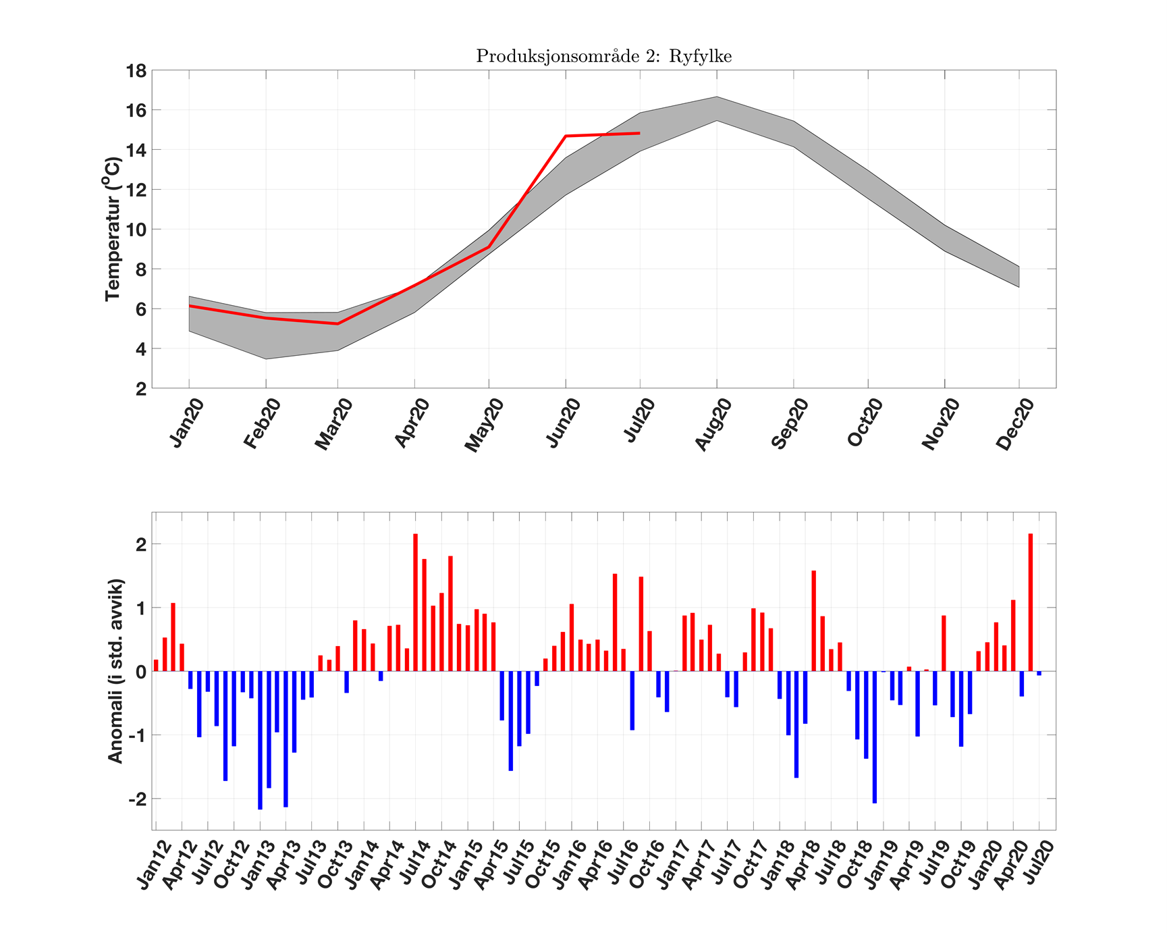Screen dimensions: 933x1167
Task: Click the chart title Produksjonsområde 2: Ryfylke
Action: (603, 56)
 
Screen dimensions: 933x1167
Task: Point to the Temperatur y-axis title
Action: (113, 229)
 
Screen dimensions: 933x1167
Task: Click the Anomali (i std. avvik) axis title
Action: (115, 670)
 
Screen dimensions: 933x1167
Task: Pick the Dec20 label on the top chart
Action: (1014, 424)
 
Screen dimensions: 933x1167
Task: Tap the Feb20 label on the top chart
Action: (262, 424)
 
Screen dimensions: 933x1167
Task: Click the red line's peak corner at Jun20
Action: (566, 136)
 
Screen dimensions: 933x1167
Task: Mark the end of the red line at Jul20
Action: (639, 133)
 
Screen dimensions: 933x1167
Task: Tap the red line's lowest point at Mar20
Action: (337, 323)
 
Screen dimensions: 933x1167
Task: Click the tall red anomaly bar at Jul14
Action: (415, 602)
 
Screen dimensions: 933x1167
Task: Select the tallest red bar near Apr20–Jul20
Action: (1031, 602)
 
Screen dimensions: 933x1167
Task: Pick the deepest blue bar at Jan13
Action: (260, 740)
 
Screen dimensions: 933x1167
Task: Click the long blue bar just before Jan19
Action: (875, 737)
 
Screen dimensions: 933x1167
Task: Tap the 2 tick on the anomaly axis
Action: (140, 544)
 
